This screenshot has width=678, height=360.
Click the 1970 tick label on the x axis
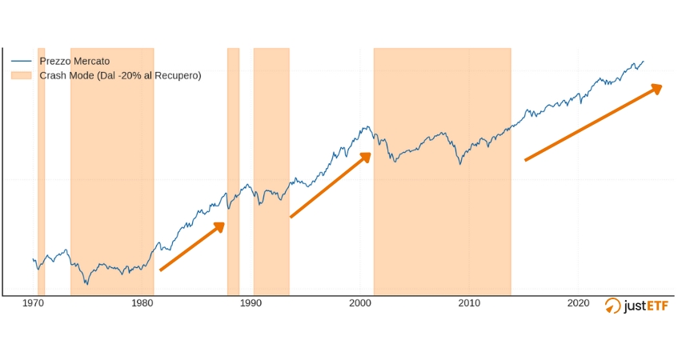click(x=34, y=303)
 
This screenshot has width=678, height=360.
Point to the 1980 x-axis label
click(x=142, y=303)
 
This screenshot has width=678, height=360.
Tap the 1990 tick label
click(x=251, y=303)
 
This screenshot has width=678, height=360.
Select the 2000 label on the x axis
click(x=360, y=303)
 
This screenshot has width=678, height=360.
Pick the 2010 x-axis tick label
click(x=469, y=303)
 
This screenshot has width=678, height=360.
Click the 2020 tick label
click(x=578, y=303)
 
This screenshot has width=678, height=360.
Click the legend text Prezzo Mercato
click(x=74, y=61)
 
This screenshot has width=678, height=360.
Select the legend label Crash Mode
click(x=120, y=75)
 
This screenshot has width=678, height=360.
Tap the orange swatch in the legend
click(x=22, y=75)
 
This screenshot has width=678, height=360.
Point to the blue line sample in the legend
click(x=22, y=61)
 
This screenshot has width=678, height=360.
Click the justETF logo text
click(x=646, y=305)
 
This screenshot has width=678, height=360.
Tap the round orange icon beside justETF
click(x=612, y=305)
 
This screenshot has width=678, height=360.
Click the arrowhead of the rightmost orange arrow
click(x=656, y=87)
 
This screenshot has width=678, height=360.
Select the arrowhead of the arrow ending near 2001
click(x=366, y=156)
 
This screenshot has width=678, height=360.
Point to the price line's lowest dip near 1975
click(x=87, y=283)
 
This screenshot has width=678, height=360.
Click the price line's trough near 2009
click(x=460, y=164)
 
